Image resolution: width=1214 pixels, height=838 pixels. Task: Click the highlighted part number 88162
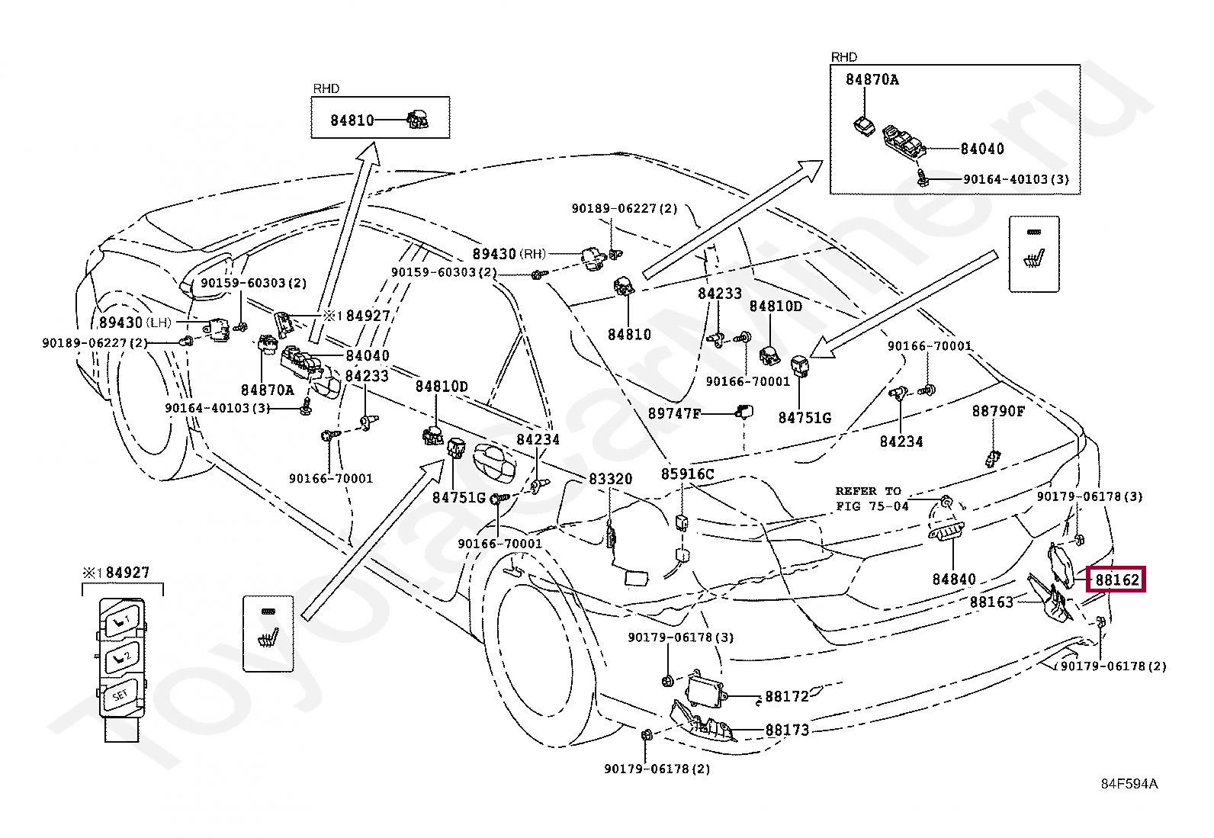click(1117, 580)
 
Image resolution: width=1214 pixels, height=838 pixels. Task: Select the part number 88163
click(991, 602)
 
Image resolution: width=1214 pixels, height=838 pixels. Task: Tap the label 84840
click(954, 580)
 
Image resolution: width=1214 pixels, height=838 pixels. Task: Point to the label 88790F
click(998, 412)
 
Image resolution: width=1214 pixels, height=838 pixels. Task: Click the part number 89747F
click(674, 413)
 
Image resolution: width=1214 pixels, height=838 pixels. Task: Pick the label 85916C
click(687, 474)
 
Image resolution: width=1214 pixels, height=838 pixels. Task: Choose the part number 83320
click(610, 479)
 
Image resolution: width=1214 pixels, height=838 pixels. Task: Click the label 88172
click(787, 696)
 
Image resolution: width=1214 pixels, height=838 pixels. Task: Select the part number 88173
click(787, 730)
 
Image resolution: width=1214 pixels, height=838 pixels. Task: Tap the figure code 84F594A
click(1129, 784)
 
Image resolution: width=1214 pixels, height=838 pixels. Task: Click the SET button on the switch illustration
click(120, 695)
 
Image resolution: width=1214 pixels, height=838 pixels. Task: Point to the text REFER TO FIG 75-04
click(872, 499)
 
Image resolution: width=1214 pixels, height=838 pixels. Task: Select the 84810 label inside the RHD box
click(352, 120)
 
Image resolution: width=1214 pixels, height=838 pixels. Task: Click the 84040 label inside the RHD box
click(982, 149)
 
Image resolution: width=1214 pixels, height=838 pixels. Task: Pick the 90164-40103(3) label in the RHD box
click(1016, 180)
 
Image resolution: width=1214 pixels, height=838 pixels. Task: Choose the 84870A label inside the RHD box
click(872, 79)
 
